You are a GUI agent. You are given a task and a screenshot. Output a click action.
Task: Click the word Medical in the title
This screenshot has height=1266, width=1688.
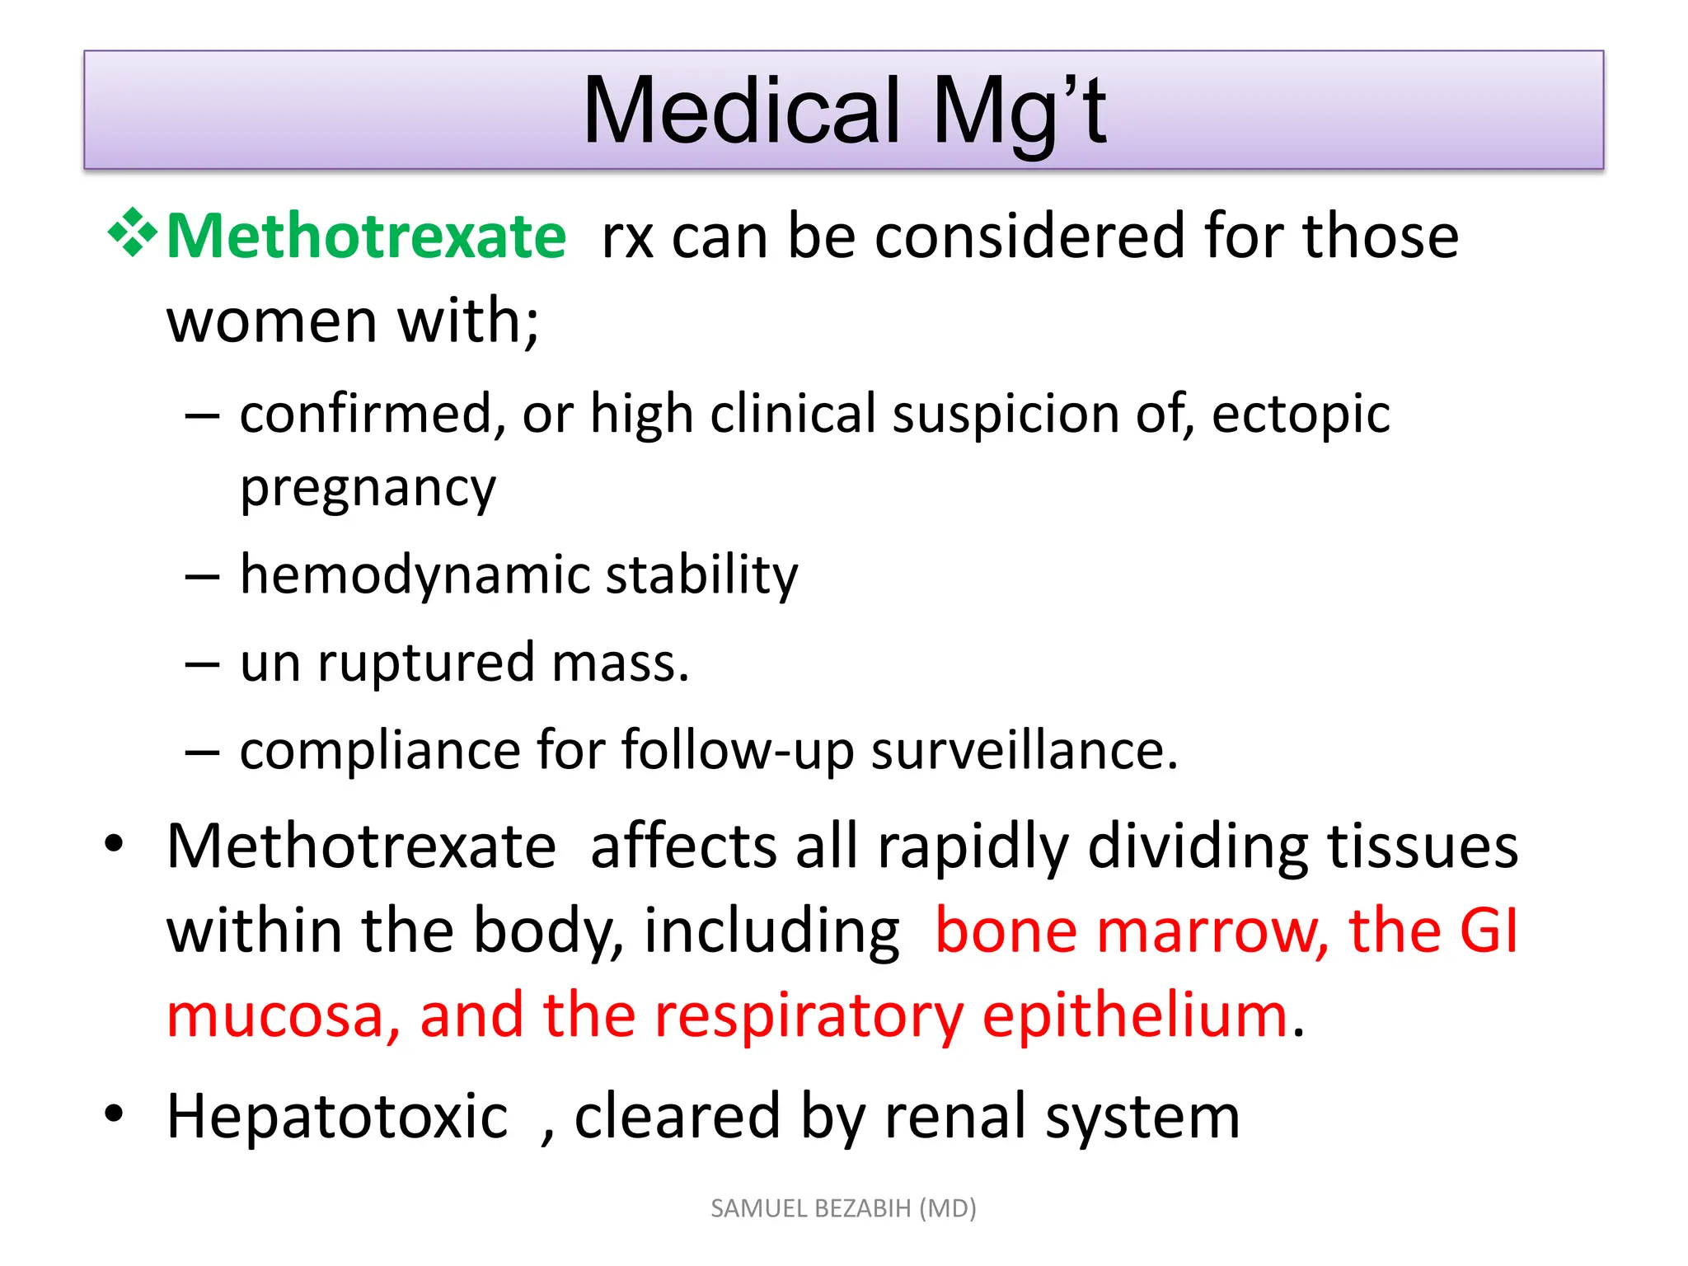[741, 110]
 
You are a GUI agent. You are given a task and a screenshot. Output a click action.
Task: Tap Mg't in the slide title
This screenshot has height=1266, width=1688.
[1020, 110]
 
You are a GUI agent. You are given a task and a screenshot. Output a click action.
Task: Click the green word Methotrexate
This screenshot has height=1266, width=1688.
[366, 237]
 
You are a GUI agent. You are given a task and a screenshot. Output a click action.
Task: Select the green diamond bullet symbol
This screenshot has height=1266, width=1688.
[132, 233]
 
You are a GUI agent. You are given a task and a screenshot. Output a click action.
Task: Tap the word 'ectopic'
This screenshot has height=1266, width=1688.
[1301, 415]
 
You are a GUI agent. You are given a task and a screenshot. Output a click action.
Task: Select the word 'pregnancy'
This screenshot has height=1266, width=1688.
[368, 489]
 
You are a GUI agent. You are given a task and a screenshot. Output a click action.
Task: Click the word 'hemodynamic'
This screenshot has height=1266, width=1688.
[415, 574]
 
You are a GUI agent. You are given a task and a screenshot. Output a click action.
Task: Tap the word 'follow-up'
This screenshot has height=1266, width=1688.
[738, 751]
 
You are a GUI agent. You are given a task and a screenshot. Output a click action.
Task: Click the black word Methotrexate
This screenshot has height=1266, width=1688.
[361, 846]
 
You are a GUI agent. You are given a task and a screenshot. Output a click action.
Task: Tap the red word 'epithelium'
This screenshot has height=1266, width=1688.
[1135, 1016]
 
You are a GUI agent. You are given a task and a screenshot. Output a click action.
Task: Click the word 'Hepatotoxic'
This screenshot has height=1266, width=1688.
[337, 1117]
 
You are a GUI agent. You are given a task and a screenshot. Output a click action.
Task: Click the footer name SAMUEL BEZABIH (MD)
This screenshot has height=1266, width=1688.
[843, 1208]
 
